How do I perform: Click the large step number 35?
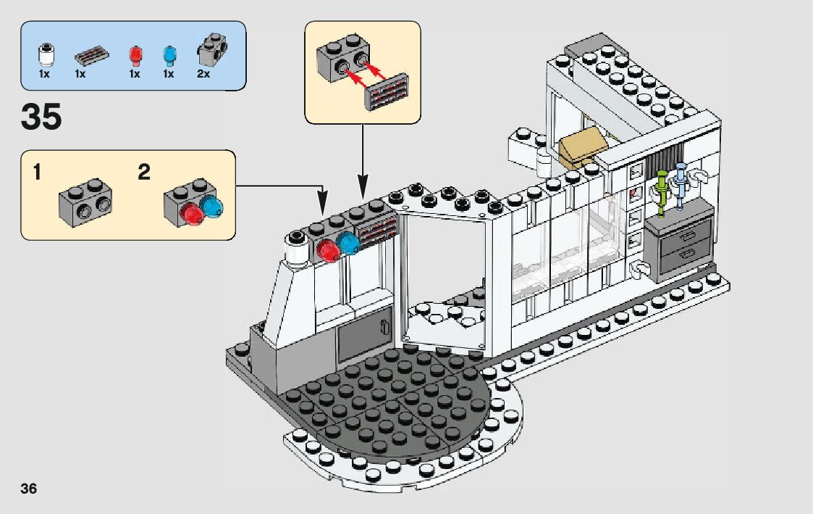click(42, 117)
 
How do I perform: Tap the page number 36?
click(29, 488)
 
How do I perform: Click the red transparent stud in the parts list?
click(134, 55)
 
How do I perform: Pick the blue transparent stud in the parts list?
click(169, 55)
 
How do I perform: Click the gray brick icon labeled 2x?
click(211, 49)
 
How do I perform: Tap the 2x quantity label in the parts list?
click(203, 74)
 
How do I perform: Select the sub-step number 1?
click(37, 173)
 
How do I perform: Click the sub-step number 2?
click(144, 173)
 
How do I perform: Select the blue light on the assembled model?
click(350, 244)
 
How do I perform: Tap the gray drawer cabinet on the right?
click(681, 242)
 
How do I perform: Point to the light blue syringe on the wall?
click(681, 186)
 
